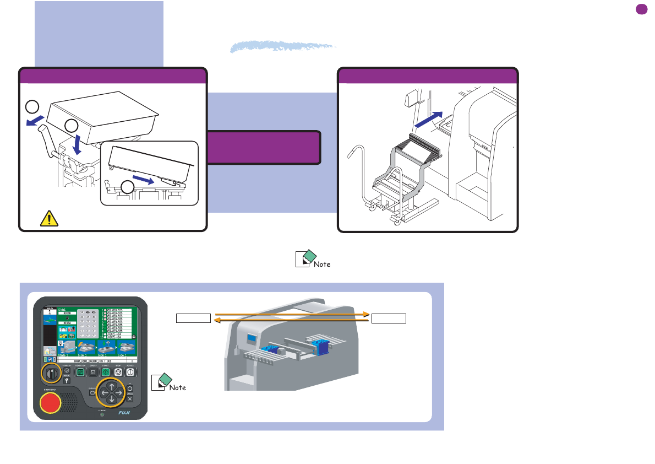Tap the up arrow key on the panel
pyautogui.click(x=112, y=384)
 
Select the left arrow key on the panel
pyautogui.click(x=102, y=392)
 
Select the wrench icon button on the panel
pyautogui.click(x=67, y=380)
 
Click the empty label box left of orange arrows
pyautogui.click(x=193, y=318)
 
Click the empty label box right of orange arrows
pyautogui.click(x=389, y=318)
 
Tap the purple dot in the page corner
pyautogui.click(x=641, y=9)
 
